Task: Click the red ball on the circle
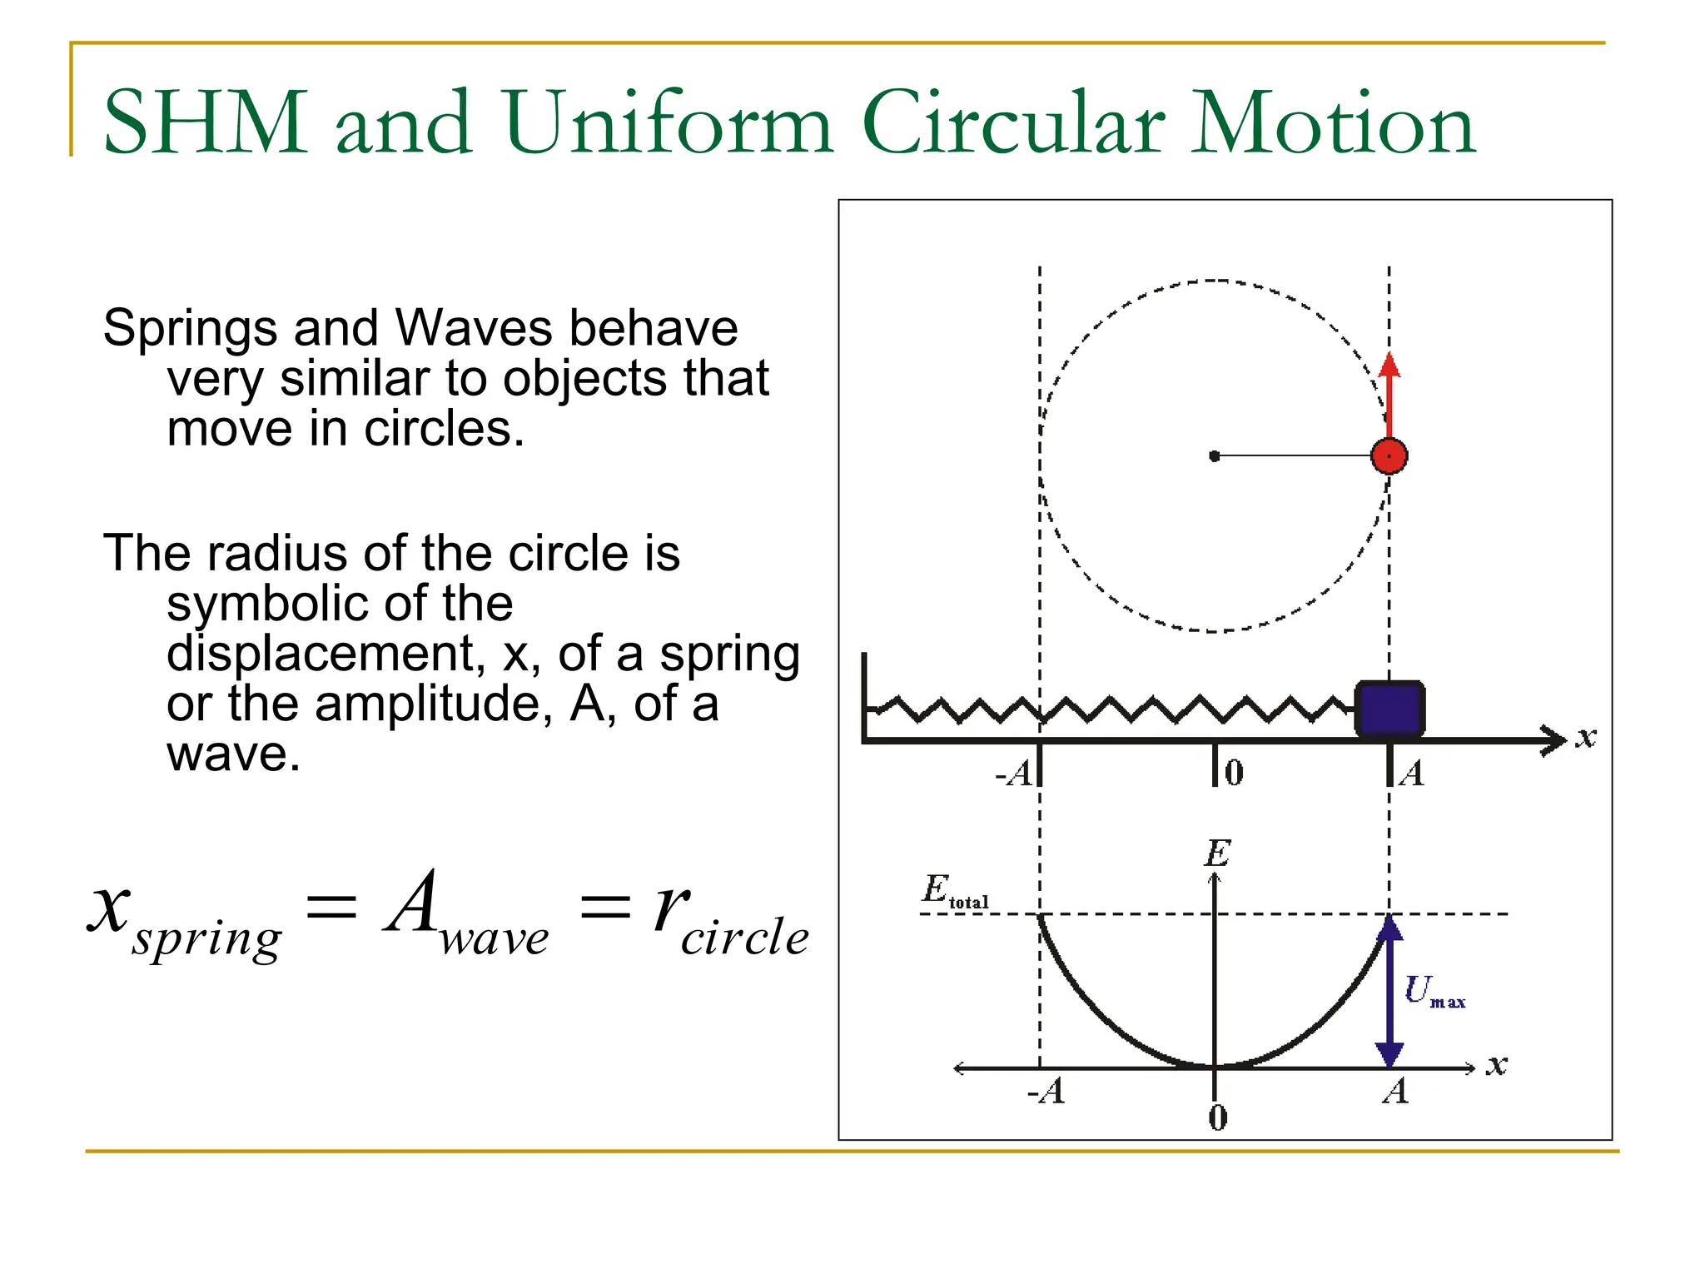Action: point(1389,456)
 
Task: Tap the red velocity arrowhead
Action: point(1389,365)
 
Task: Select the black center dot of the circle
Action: point(1215,456)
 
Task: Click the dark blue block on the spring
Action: point(1389,709)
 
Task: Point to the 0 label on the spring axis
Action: point(1235,773)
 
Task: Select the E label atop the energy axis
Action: point(1217,853)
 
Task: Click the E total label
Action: point(954,891)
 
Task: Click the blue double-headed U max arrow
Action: point(1389,991)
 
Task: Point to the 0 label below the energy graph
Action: point(1217,1117)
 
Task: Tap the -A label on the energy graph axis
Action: point(1046,1091)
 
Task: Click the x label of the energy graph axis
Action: point(1497,1065)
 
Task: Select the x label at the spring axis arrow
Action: point(1586,738)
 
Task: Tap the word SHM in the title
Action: point(205,123)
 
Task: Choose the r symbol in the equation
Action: point(671,907)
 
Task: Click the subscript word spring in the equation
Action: point(207,940)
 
